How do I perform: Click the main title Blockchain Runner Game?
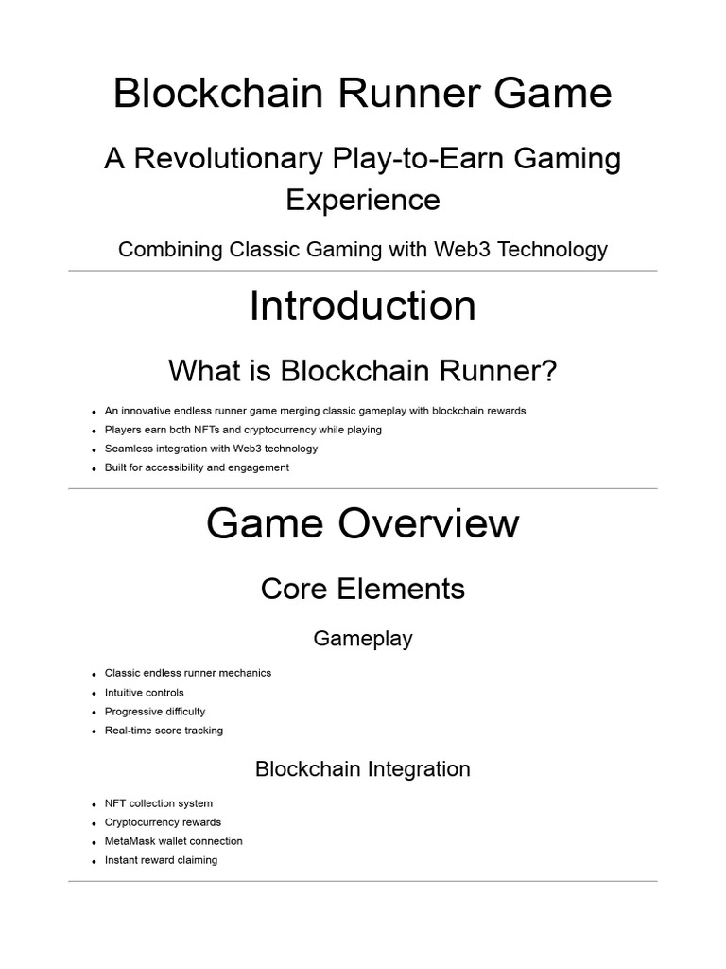362,94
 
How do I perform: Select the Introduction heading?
362,307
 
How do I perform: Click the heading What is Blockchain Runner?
362,372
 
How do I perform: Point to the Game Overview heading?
362,523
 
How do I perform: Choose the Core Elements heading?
362,589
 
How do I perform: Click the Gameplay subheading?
362,639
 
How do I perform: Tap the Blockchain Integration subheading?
362,769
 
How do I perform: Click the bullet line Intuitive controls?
144,693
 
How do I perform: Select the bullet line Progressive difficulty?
154,712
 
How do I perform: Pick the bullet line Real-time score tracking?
164,731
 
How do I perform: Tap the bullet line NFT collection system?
158,803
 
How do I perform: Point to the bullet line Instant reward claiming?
161,860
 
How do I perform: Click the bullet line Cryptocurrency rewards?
163,822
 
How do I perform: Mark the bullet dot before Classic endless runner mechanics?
95,675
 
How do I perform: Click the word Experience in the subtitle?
362,200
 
